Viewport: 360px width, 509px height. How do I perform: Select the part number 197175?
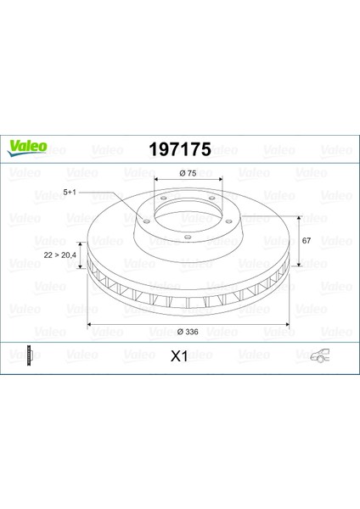(180, 149)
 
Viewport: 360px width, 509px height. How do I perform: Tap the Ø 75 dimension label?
(188, 173)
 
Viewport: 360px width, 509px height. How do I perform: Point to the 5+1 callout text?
(70, 193)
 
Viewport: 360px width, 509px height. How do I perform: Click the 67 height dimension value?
(307, 241)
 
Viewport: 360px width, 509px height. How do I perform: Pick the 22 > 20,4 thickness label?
(59, 255)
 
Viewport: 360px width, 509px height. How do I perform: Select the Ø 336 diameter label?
(188, 332)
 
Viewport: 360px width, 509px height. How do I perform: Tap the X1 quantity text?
(179, 356)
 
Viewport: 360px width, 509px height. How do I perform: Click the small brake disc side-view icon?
(31, 355)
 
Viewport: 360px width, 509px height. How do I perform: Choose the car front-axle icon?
(320, 355)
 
